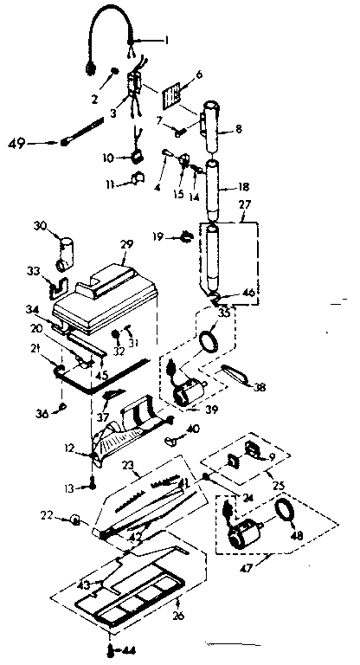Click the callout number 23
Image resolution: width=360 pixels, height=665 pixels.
tap(127, 466)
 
